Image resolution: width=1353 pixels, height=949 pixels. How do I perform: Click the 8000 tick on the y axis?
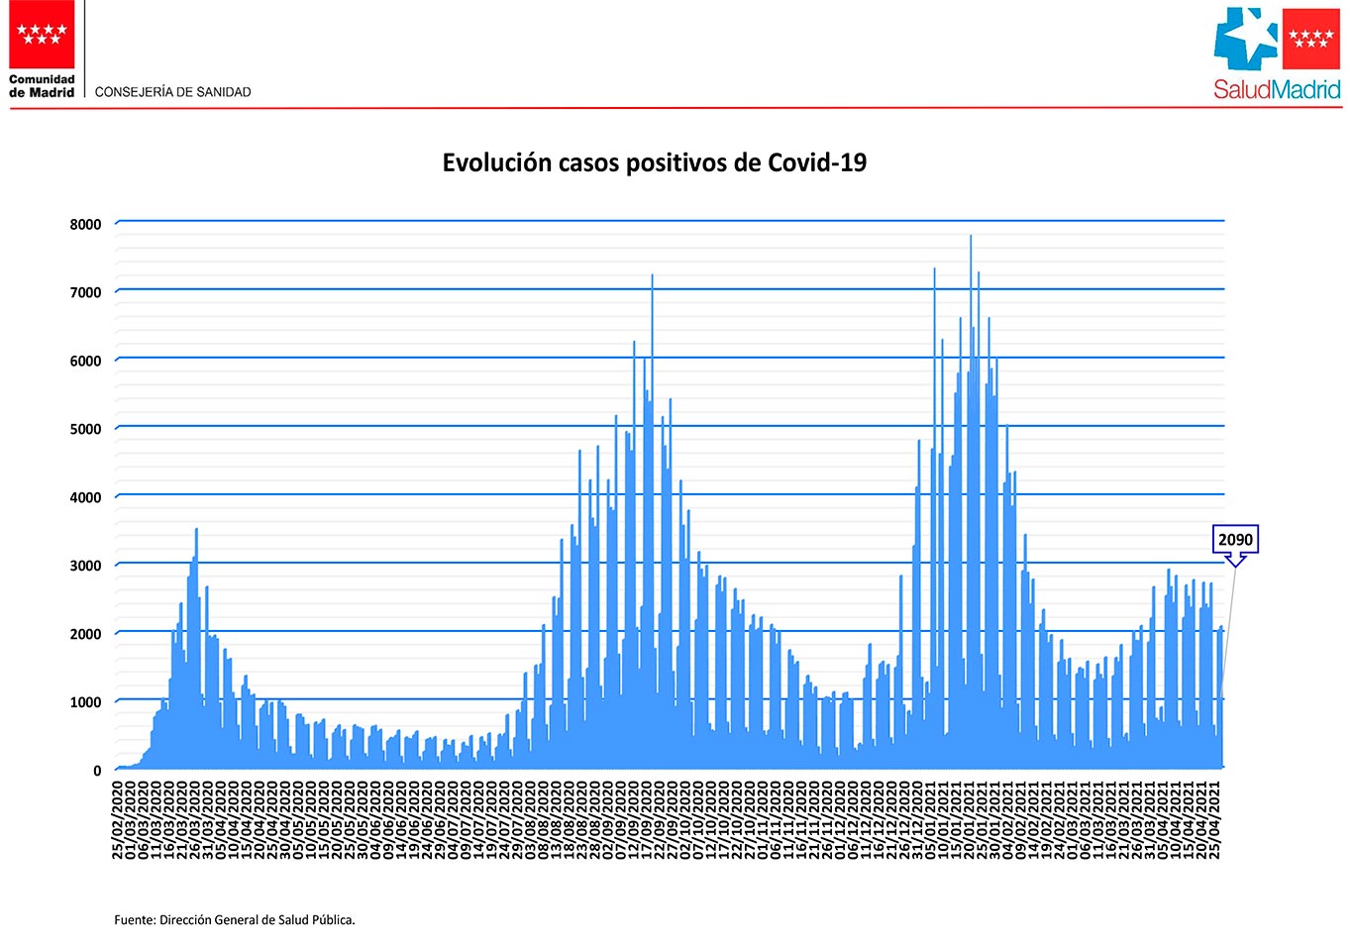click(85, 225)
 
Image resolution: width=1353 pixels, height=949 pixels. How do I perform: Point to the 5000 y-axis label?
click(85, 430)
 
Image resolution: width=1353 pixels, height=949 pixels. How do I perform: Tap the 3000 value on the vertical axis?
click(85, 567)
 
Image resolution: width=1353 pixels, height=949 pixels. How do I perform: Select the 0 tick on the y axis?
click(97, 771)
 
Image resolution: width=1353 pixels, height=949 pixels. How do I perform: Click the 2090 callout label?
click(1235, 540)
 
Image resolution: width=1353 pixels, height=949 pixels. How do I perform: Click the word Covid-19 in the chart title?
click(817, 163)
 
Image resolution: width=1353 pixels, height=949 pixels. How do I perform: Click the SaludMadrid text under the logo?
click(1277, 90)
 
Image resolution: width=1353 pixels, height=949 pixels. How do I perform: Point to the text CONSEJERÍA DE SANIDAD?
click(173, 92)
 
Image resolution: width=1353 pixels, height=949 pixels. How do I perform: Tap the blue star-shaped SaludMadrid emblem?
click(1246, 39)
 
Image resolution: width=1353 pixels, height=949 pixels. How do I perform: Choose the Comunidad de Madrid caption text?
click(42, 86)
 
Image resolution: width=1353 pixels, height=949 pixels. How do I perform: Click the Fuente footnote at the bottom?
click(235, 920)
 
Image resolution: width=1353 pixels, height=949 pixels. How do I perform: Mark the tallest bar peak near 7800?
click(971, 238)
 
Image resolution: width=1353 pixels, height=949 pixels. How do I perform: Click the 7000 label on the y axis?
click(85, 293)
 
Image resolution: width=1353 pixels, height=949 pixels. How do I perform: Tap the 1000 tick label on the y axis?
click(85, 702)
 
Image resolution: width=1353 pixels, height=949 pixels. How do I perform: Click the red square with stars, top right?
click(1311, 39)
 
